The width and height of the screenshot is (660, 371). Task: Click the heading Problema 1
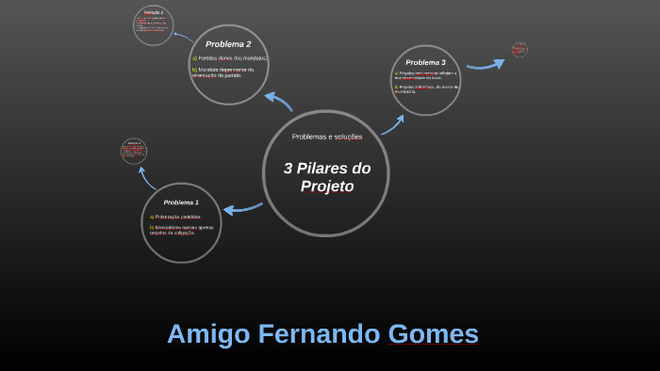click(181, 202)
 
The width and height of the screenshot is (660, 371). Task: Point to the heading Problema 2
click(228, 44)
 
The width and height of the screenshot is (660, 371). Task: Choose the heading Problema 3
click(425, 62)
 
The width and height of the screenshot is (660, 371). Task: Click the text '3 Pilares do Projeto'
click(327, 177)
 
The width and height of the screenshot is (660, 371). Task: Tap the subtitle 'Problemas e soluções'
click(327, 137)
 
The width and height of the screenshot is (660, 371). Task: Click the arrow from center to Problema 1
click(242, 207)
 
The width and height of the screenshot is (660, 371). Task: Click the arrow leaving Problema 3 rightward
click(487, 63)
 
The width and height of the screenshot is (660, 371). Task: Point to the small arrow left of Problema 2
click(182, 36)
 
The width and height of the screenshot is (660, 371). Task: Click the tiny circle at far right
click(520, 49)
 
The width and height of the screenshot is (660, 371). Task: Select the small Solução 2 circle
click(153, 25)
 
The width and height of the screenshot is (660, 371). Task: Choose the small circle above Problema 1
click(134, 151)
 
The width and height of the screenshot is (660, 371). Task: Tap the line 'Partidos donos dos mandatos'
click(230, 59)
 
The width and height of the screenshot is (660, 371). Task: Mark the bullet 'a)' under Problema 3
click(396, 73)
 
